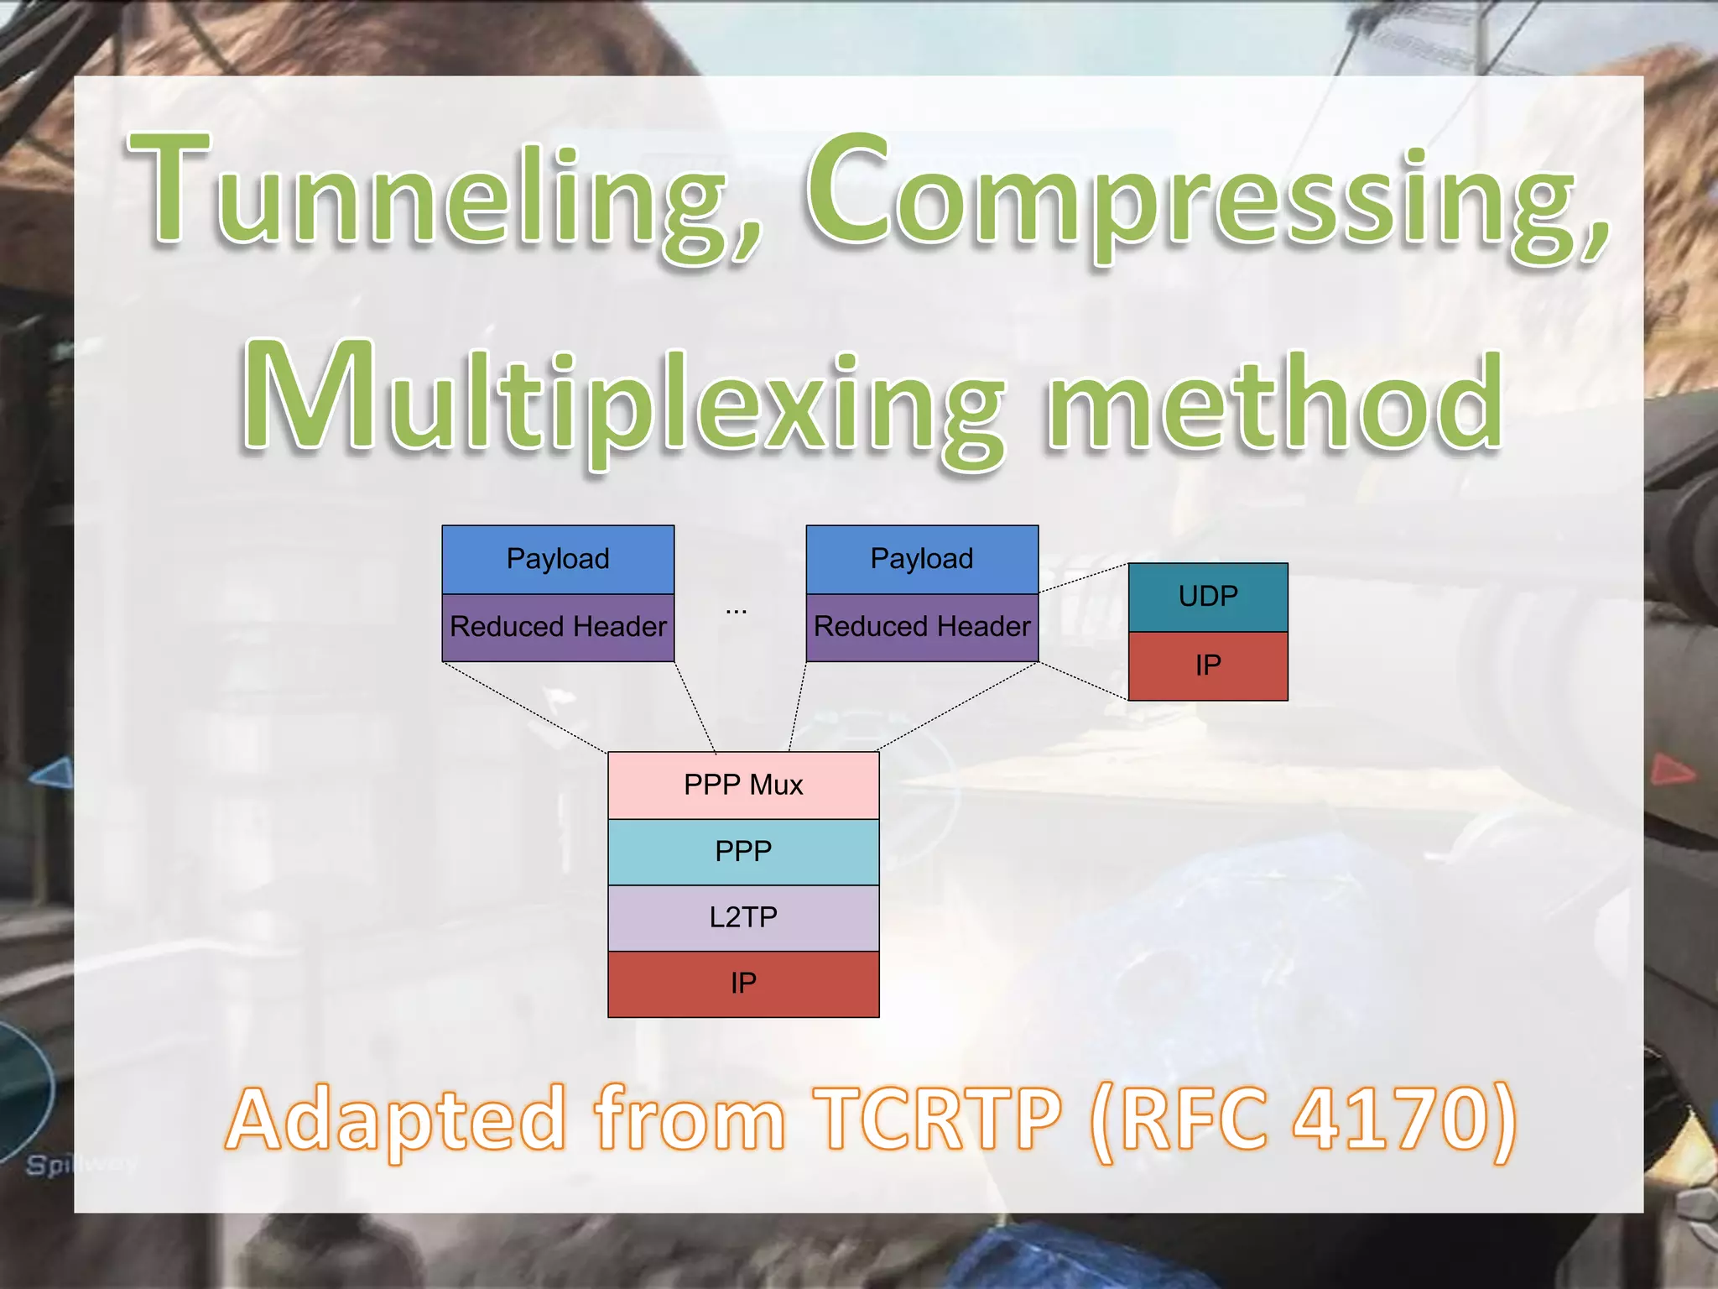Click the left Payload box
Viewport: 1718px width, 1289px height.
click(x=558, y=560)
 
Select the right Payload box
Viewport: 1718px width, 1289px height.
click(x=922, y=560)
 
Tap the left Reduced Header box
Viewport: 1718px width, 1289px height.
click(x=558, y=628)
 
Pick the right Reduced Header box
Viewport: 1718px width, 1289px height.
click(x=922, y=628)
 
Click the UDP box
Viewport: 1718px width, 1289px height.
click(x=1208, y=597)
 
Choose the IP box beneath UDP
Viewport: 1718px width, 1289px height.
click(x=1208, y=666)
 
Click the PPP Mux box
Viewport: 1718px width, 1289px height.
click(x=743, y=785)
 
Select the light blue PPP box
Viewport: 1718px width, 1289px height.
click(x=743, y=852)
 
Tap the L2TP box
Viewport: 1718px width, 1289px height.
click(x=743, y=918)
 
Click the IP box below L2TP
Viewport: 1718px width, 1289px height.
click(x=743, y=984)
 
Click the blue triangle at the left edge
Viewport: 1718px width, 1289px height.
click(x=52, y=773)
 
